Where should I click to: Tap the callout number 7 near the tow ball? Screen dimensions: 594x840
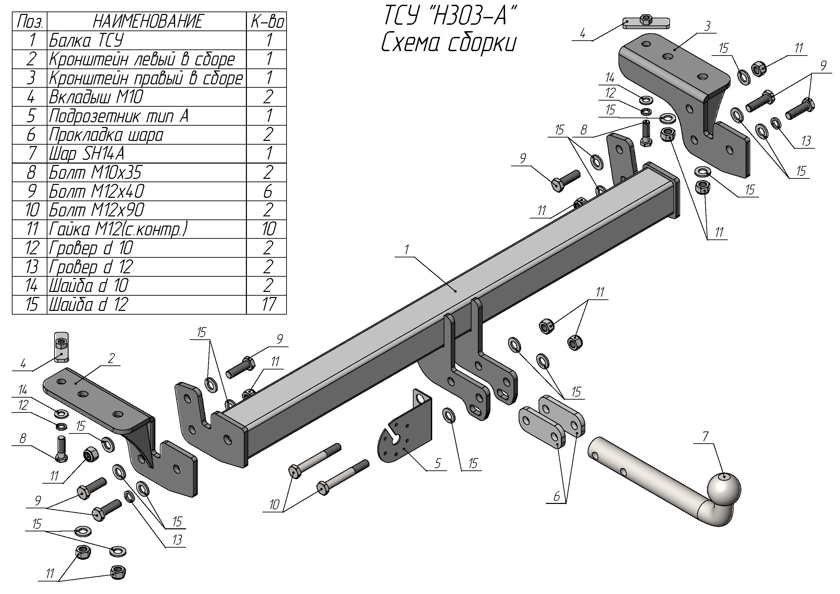click(706, 436)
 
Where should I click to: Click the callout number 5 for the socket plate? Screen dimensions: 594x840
click(438, 463)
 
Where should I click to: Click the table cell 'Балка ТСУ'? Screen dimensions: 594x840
click(87, 40)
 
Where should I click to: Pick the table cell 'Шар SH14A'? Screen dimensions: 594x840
click(87, 154)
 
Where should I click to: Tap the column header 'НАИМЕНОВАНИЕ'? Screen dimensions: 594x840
click(147, 21)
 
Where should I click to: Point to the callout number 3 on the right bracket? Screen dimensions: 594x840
click(707, 26)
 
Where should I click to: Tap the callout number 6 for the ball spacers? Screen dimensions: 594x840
click(556, 496)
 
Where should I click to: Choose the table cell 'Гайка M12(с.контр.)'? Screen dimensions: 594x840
click(118, 229)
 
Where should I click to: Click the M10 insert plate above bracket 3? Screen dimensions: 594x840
click(647, 23)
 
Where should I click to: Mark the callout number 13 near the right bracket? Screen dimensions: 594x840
click(806, 141)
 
